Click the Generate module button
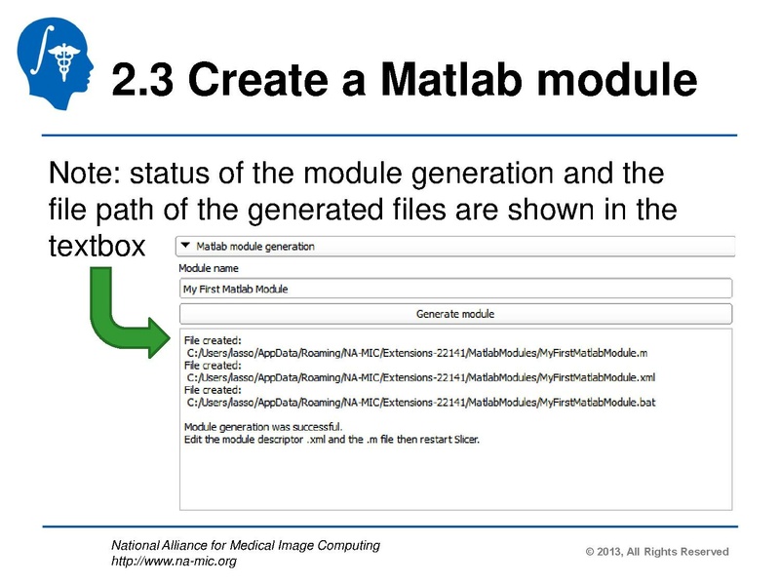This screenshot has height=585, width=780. (x=454, y=314)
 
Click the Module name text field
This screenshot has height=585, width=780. (x=454, y=289)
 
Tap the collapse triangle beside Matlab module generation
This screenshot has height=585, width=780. (x=186, y=247)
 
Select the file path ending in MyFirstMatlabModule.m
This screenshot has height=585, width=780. (x=416, y=351)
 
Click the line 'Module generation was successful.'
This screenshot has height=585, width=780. (x=263, y=426)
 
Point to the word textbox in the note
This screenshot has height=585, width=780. (x=96, y=245)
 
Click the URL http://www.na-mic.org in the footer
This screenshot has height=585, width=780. (x=174, y=562)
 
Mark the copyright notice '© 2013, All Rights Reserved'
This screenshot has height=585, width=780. (x=657, y=552)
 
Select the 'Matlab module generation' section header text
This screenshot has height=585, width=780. (x=255, y=247)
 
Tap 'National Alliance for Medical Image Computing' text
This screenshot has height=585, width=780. (x=246, y=546)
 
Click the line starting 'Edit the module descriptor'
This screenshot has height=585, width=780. (x=331, y=439)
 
